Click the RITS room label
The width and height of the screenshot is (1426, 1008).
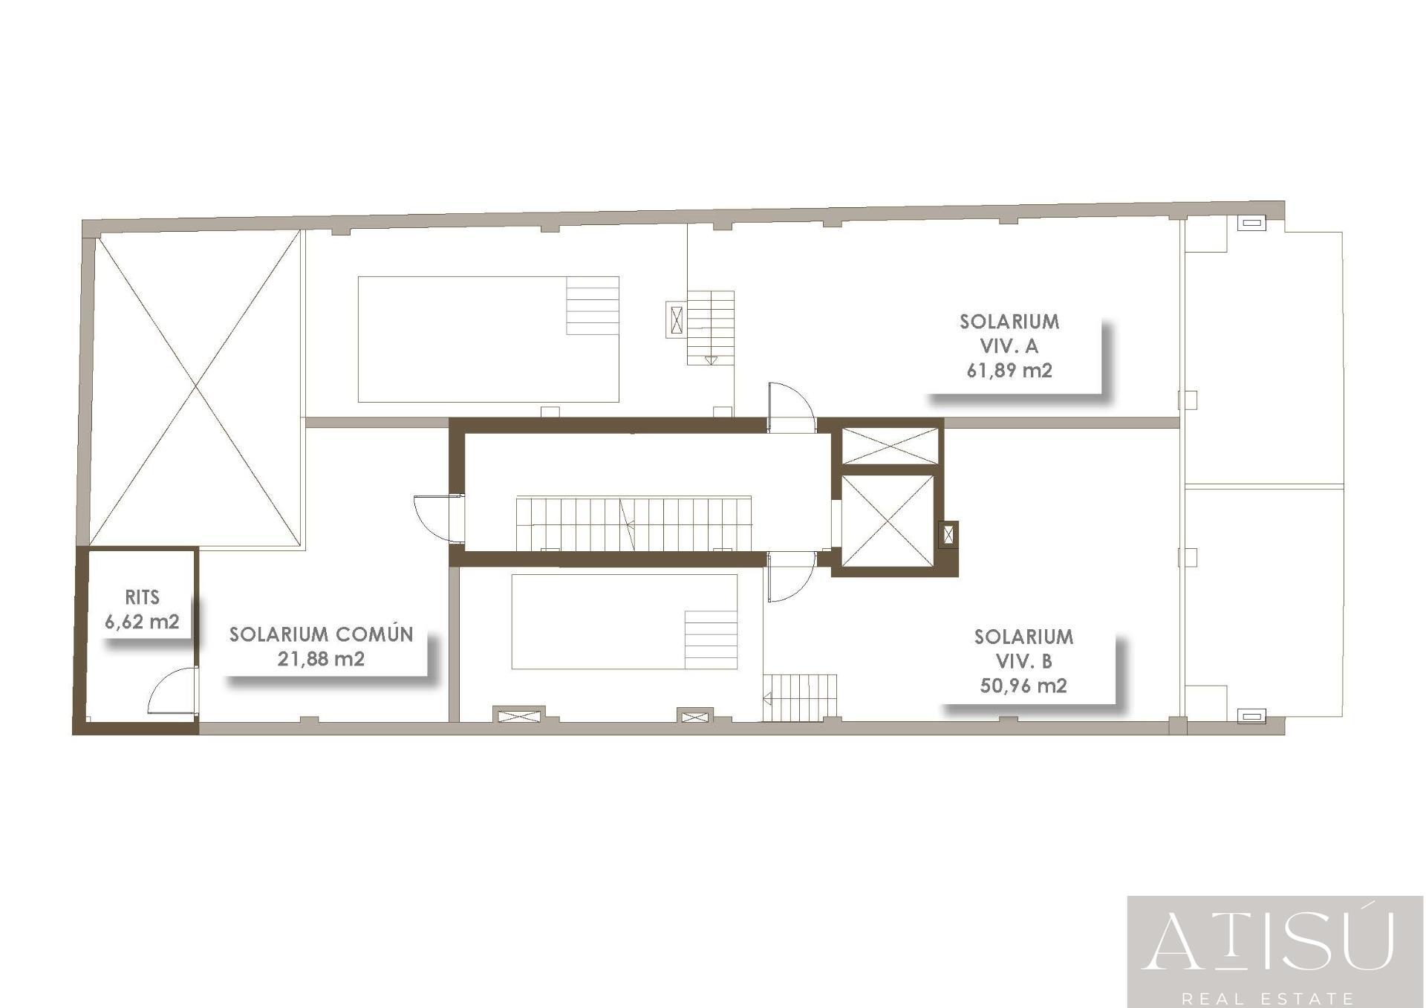pyautogui.click(x=142, y=597)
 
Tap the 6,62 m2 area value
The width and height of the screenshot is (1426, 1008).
pyautogui.click(x=142, y=622)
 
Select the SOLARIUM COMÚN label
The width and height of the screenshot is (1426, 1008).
pyautogui.click(x=321, y=634)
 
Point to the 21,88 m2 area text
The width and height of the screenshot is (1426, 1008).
pyautogui.click(x=321, y=659)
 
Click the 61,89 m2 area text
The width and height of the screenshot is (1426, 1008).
pyautogui.click(x=1009, y=370)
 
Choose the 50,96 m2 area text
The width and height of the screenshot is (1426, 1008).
pyautogui.click(x=1023, y=686)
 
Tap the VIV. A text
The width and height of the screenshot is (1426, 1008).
pyautogui.click(x=1009, y=346)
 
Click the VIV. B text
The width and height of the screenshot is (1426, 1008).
pyautogui.click(x=1023, y=661)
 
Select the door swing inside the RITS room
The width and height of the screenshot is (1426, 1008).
pyautogui.click(x=173, y=691)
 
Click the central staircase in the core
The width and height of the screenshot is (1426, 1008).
pyautogui.click(x=634, y=524)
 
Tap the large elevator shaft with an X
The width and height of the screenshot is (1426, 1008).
pyautogui.click(x=888, y=521)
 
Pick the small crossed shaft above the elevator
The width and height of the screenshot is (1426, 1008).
pyautogui.click(x=890, y=446)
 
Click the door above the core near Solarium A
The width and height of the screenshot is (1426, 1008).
pyautogui.click(x=792, y=408)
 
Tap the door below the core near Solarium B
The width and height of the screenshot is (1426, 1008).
pyautogui.click(x=792, y=576)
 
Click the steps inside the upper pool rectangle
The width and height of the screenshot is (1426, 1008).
pyautogui.click(x=593, y=305)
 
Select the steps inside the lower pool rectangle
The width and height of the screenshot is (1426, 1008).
pyautogui.click(x=711, y=640)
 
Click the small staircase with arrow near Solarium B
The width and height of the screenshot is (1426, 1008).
pyautogui.click(x=800, y=698)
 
